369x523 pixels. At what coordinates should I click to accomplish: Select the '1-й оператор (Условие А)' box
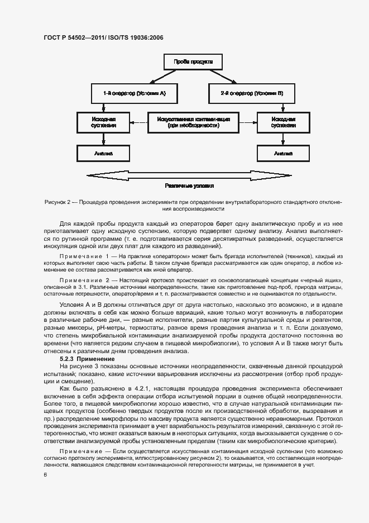tap(134, 93)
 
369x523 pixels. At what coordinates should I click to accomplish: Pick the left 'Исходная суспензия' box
tap(104, 122)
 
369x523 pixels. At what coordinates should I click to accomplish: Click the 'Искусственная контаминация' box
tap(194, 122)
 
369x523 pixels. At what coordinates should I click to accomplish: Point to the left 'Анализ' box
tap(104, 152)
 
